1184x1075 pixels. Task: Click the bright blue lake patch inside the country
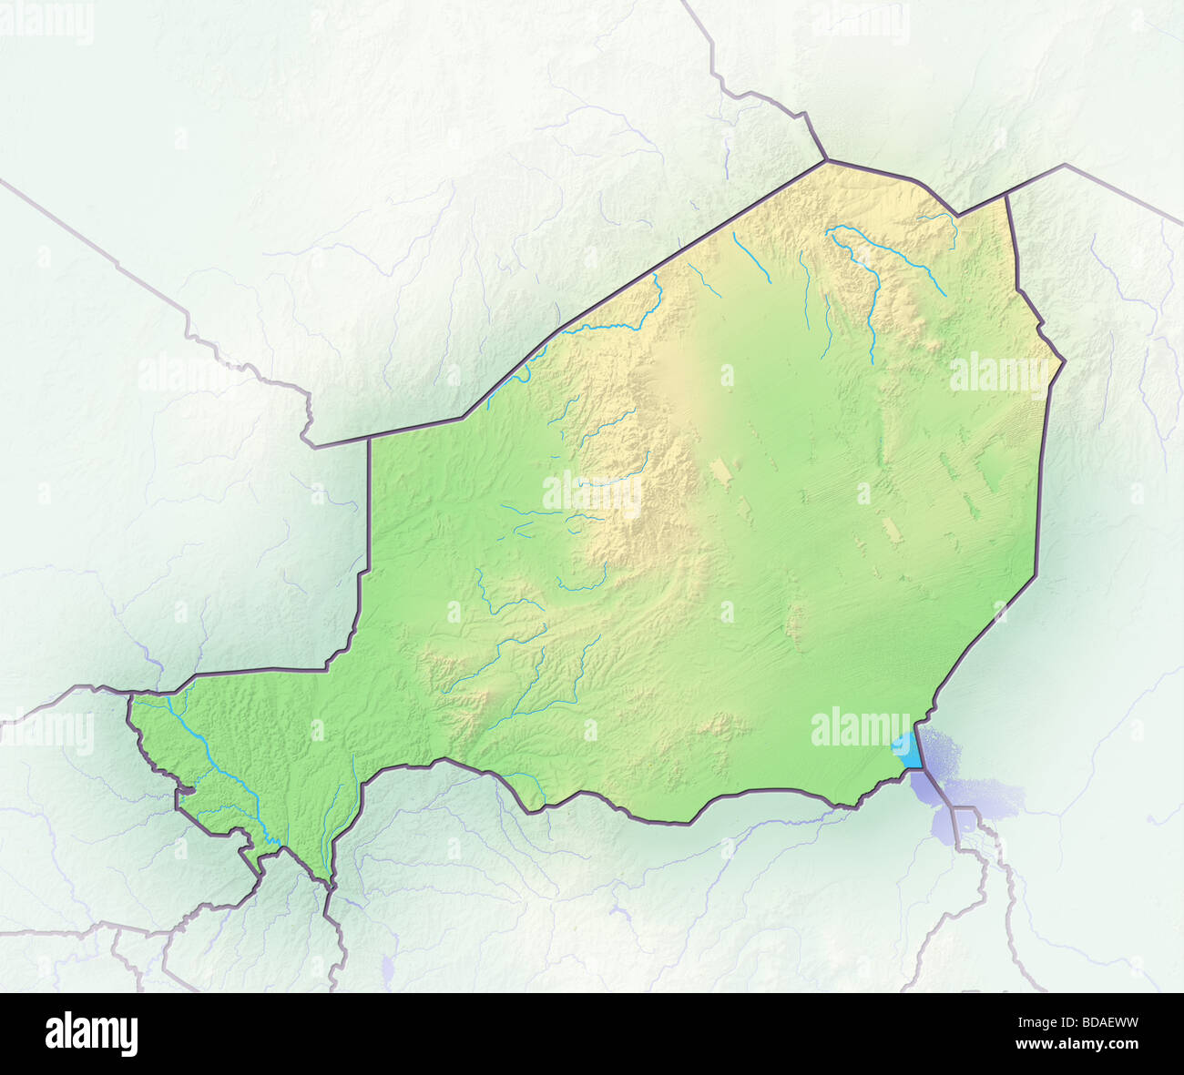click(907, 751)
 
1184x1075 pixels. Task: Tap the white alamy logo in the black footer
click(92, 1034)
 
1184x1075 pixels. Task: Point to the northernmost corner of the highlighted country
click(827, 161)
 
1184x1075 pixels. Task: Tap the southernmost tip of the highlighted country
click(329, 884)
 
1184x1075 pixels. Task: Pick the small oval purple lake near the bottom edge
click(385, 968)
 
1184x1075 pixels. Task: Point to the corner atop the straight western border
click(369, 439)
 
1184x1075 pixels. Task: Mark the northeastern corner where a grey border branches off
click(1006, 194)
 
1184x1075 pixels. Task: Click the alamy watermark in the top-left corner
click(47, 23)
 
